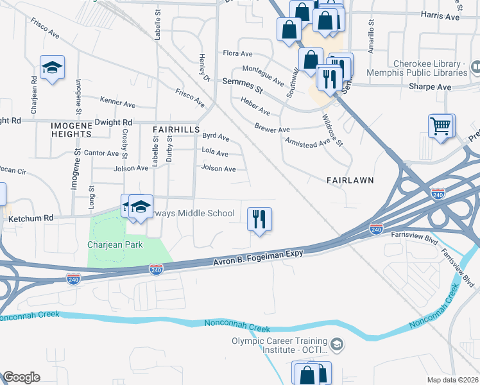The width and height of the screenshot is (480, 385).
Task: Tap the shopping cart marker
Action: coord(441,126)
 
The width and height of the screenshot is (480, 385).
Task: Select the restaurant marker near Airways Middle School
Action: coord(259,219)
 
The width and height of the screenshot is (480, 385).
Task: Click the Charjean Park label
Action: coord(115,244)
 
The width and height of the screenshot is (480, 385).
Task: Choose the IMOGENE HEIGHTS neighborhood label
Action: coord(73,129)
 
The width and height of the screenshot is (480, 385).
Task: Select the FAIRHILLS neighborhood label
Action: coord(176,129)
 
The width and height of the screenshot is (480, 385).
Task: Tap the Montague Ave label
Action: coord(263,75)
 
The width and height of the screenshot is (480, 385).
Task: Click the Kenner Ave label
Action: coord(117,101)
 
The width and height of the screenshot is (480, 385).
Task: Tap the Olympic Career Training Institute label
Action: coord(280,346)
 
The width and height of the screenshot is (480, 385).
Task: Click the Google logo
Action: coord(21,377)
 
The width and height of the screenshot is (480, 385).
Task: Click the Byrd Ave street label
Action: coord(216,136)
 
